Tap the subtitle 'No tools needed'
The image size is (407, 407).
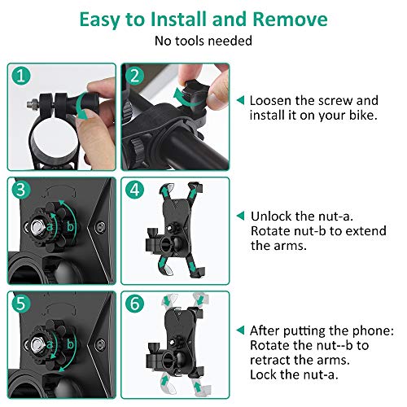coord(203,40)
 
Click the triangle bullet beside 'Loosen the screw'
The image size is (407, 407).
coord(240,101)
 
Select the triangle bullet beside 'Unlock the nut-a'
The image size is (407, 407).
coord(240,217)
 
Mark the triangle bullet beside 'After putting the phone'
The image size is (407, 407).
coord(240,330)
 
